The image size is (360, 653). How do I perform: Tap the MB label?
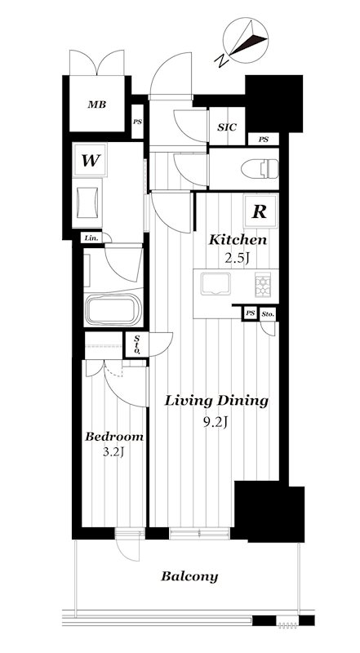pos(96,104)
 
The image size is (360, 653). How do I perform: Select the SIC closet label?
pos(227,127)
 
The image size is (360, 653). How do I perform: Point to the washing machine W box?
pos(90,160)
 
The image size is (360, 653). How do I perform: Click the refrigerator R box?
pos(260,211)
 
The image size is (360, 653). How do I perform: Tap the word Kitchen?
pos(238,239)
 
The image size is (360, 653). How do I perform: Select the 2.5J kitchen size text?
pos(238,258)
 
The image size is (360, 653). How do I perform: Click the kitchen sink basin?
pos(215,284)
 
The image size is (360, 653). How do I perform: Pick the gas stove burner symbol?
pos(263,284)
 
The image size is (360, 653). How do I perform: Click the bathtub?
pos(113,310)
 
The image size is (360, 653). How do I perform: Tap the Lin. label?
pos(91,238)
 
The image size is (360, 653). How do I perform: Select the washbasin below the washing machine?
pos(87,202)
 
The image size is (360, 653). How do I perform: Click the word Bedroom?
pos(114,437)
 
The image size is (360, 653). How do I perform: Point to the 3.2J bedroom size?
pos(114,452)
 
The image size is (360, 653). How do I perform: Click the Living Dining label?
pos(216,402)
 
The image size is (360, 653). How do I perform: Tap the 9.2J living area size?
pos(216,423)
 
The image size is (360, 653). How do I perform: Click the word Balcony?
pos(189,577)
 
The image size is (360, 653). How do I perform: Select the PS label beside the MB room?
pos(137,122)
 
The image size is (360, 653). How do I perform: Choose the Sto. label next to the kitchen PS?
pos(268,313)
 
